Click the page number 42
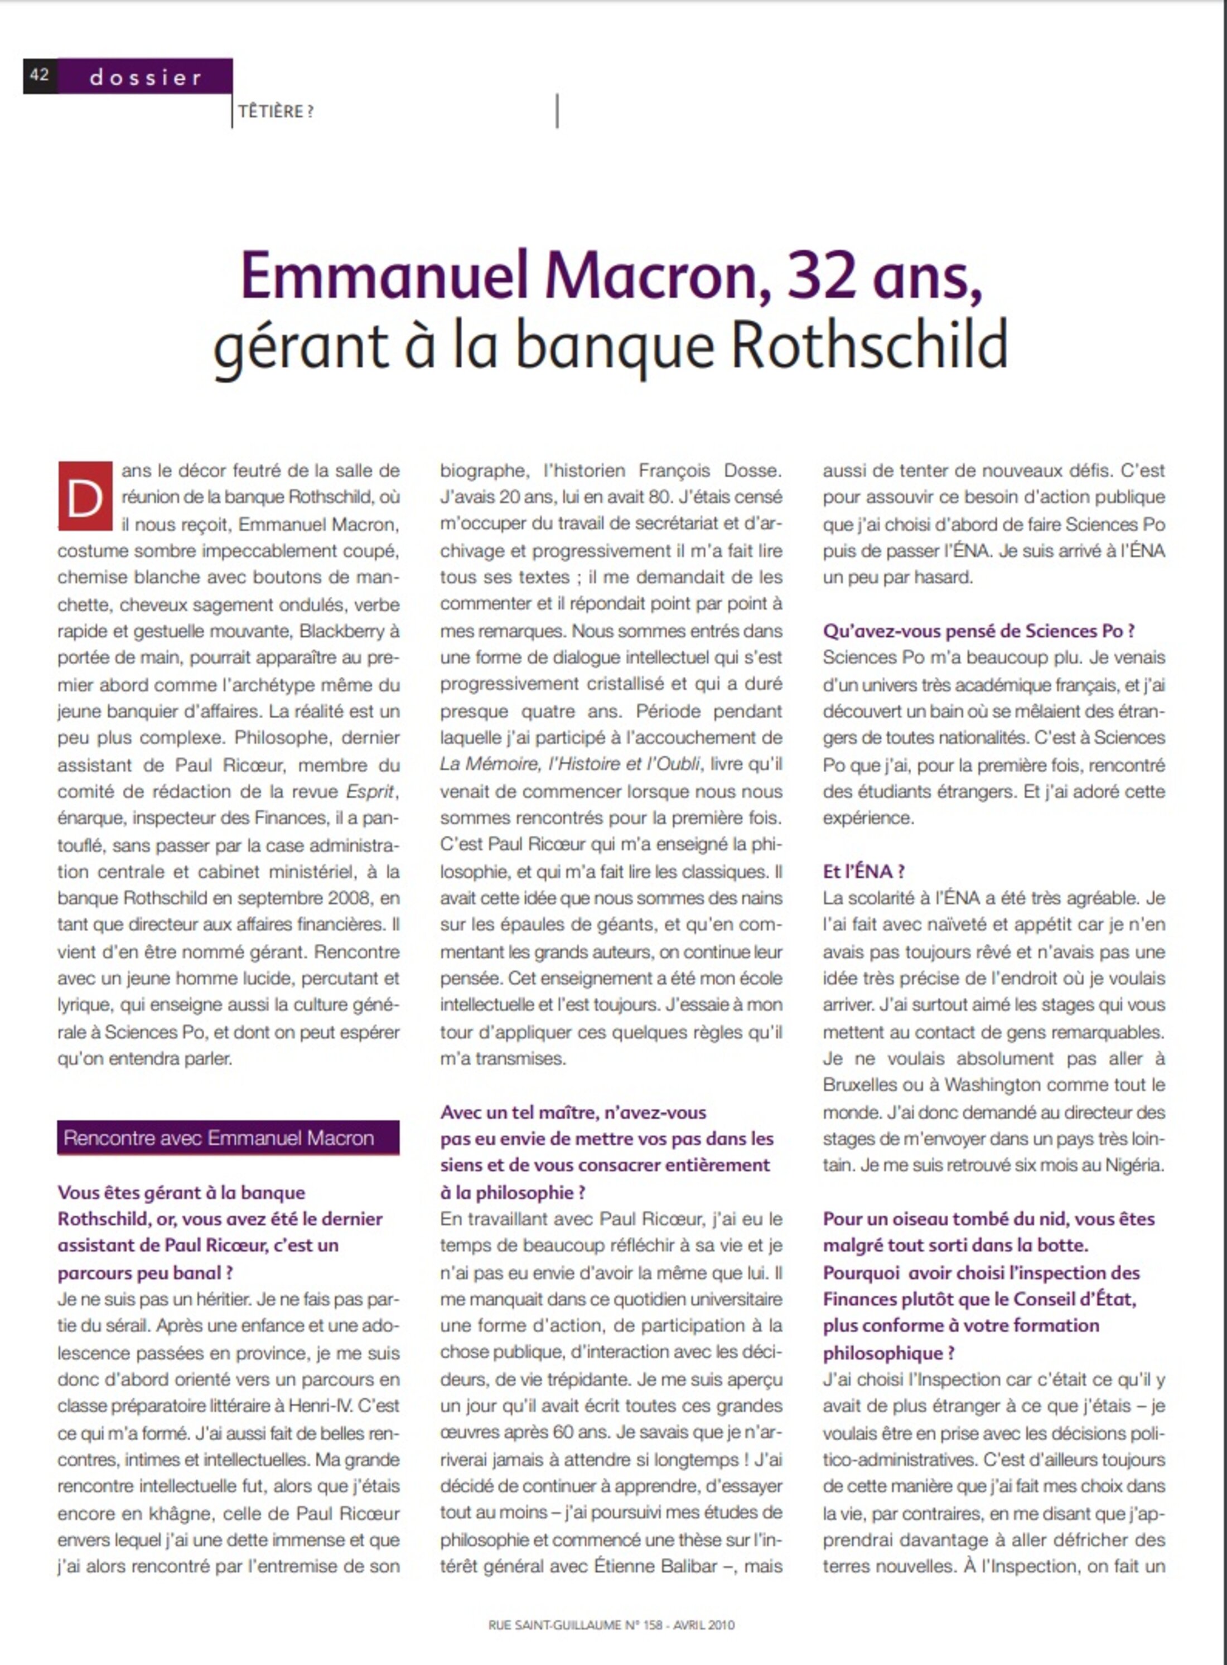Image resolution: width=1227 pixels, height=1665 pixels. click(x=40, y=76)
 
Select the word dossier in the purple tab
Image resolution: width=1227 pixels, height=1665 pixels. click(x=146, y=78)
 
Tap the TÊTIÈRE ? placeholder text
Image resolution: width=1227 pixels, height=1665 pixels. click(x=276, y=112)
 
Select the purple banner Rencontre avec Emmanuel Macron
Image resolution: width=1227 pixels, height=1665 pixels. click(x=228, y=1138)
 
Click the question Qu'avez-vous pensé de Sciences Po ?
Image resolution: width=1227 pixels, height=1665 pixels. click(x=978, y=631)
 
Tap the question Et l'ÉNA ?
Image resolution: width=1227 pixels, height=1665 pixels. click(x=863, y=871)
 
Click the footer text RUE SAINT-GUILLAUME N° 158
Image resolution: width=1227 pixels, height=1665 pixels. click(x=575, y=1625)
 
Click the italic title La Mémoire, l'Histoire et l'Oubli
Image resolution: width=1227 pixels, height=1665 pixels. click(x=569, y=764)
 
